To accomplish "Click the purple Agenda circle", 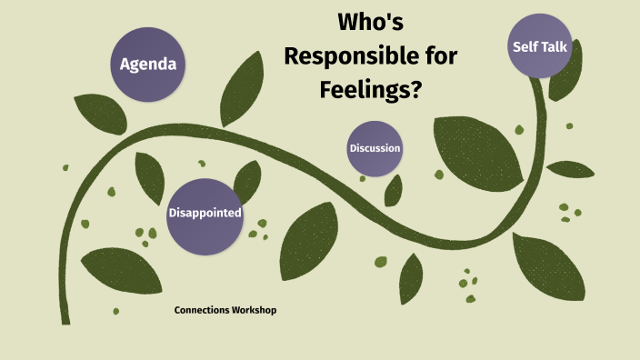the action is (x=148, y=65).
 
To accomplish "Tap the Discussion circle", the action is (x=375, y=148).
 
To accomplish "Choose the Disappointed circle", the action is (x=205, y=214).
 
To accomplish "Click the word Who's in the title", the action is (x=370, y=22).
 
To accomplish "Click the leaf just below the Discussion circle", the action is (x=394, y=190).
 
